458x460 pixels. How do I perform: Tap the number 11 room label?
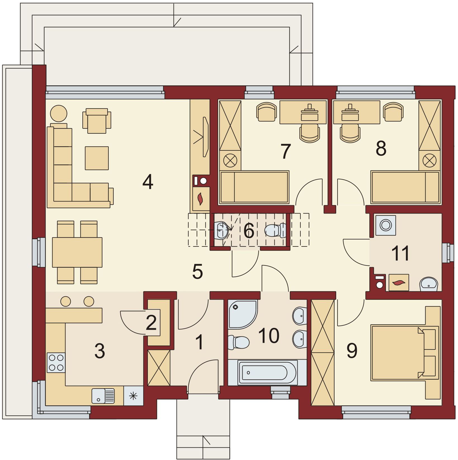400,253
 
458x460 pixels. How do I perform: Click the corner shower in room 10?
242,315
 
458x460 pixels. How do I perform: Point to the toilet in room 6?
275,230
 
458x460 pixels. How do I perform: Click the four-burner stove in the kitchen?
56,362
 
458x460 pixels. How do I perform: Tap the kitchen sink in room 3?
103,396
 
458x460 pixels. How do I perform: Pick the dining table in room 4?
77,252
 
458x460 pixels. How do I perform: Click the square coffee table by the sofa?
97,158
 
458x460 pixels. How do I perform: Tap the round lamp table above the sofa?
59,113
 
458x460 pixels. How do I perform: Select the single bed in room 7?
254,187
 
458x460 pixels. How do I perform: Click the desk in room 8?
357,112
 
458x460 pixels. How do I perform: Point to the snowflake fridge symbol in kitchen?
133,396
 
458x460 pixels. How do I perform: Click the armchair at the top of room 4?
97,121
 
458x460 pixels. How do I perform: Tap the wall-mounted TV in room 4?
206,137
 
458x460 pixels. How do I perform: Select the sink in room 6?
223,231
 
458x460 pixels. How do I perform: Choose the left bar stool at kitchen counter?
66,301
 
